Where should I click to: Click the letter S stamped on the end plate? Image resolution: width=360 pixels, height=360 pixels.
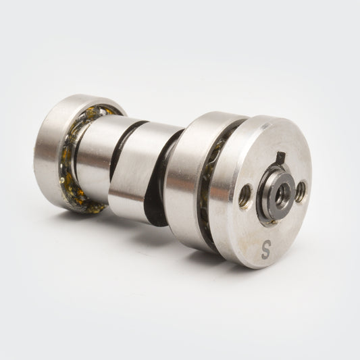(266, 249)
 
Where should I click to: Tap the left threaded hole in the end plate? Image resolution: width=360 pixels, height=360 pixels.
(245, 195)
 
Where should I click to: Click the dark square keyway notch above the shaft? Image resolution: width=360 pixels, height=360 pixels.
(281, 157)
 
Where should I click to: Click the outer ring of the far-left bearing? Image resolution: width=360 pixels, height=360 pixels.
(49, 151)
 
